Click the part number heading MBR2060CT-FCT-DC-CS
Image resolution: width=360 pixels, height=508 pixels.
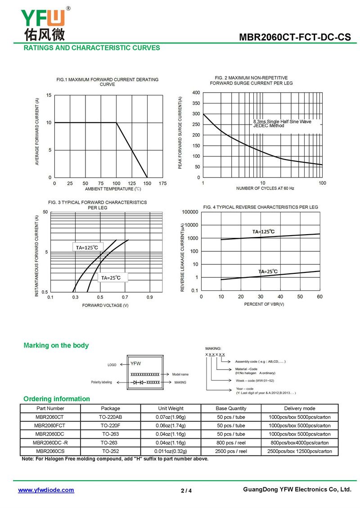[x=295, y=38]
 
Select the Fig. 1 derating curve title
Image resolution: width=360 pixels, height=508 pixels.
[x=107, y=82]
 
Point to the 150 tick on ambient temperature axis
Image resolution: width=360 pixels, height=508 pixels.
[x=147, y=183]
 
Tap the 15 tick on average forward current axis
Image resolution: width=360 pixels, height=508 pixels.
[x=49, y=95]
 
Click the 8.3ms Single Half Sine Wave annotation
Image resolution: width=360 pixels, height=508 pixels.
[x=282, y=122]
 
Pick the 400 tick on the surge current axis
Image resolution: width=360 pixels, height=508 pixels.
[x=196, y=93]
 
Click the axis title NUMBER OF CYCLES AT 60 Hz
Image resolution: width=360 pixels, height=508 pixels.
[x=265, y=188]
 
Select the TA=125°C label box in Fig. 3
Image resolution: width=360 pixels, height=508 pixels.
[x=87, y=247]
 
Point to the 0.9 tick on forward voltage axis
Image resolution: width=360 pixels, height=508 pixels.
[x=149, y=297]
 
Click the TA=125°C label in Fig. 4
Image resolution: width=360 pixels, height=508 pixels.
[x=263, y=232]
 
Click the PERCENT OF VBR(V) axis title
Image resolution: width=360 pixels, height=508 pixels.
[x=264, y=304]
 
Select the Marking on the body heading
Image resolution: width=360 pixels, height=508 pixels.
[x=56, y=345]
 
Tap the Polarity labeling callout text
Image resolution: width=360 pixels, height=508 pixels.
[x=101, y=382]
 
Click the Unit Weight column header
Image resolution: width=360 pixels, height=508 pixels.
[x=171, y=408]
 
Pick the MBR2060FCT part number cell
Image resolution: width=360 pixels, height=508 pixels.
[x=50, y=425]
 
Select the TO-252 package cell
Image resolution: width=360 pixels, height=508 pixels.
[x=110, y=451]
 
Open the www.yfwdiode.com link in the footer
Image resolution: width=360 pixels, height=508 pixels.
[x=46, y=490]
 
